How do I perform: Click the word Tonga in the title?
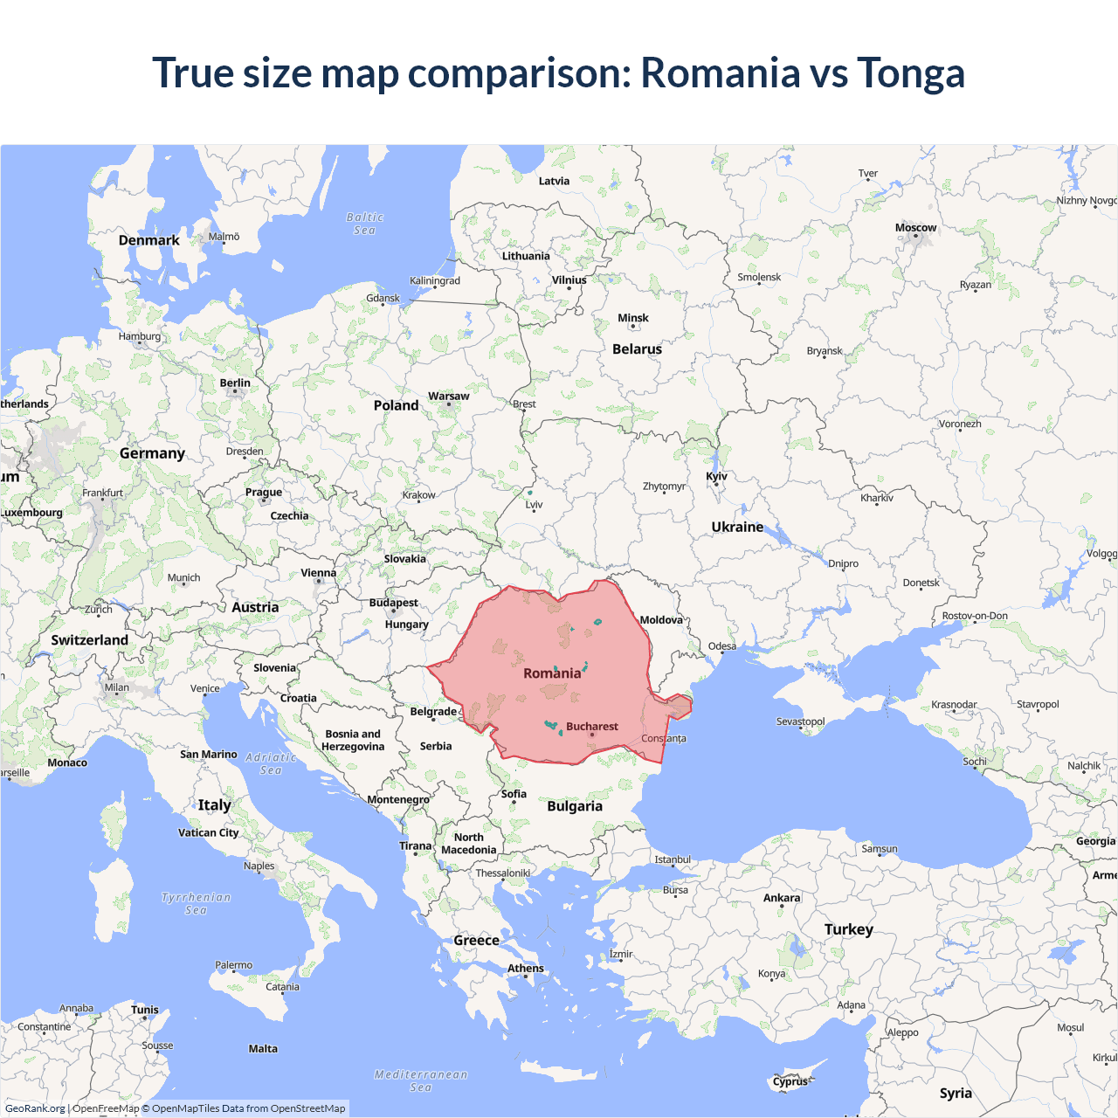click(x=910, y=73)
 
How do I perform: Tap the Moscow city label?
click(x=915, y=228)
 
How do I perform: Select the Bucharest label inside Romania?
click(x=591, y=727)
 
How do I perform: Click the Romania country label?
click(x=552, y=673)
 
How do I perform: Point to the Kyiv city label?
click(x=716, y=476)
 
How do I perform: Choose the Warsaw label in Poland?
click(x=448, y=397)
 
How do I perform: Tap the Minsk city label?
click(x=632, y=319)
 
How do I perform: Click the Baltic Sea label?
click(x=364, y=224)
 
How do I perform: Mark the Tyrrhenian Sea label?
click(x=197, y=903)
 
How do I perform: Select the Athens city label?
click(x=525, y=968)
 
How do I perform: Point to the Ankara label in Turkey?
click(x=781, y=898)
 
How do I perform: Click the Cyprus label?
click(x=790, y=1081)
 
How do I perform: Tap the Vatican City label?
click(x=208, y=833)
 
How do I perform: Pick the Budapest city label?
click(x=393, y=603)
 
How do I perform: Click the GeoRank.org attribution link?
click(x=35, y=1108)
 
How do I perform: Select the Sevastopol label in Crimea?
click(x=800, y=721)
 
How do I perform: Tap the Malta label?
click(x=263, y=1049)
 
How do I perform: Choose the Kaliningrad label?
click(x=434, y=281)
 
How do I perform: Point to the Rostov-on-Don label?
click(x=974, y=616)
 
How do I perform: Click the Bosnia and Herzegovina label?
click(x=353, y=740)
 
